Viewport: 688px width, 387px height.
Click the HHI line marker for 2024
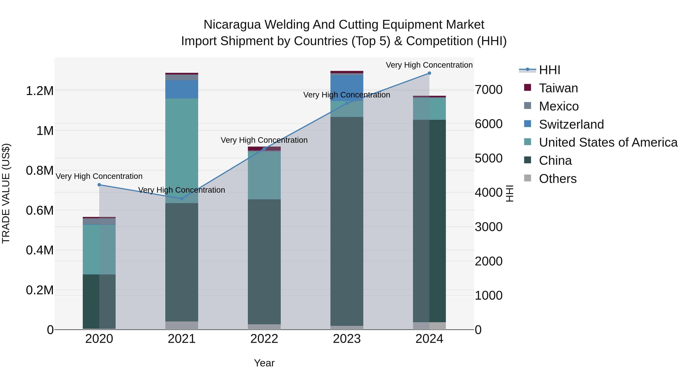tap(429, 73)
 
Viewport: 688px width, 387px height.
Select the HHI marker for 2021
tap(182, 199)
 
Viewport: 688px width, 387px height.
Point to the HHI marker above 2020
tap(99, 185)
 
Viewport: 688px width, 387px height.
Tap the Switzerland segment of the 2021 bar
tap(182, 89)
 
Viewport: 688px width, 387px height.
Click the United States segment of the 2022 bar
tap(264, 175)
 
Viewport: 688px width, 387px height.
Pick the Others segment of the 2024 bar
tap(429, 326)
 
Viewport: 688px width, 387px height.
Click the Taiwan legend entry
tap(558, 88)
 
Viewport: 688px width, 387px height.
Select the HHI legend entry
tap(549, 70)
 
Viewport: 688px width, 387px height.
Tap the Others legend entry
tap(557, 179)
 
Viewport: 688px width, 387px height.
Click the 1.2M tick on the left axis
tap(40, 91)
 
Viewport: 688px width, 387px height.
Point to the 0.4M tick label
tap(40, 250)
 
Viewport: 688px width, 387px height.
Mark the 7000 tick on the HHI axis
tap(488, 90)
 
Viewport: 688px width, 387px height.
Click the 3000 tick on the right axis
tap(488, 227)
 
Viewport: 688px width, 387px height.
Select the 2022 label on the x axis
tap(264, 339)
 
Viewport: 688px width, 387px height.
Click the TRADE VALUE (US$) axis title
tap(6, 193)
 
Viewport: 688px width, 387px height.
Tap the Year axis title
tap(264, 363)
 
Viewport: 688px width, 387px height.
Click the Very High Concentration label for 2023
tap(346, 95)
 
